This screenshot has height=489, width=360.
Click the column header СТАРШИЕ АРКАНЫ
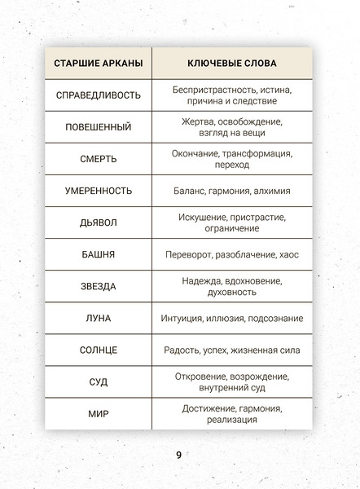tap(98, 63)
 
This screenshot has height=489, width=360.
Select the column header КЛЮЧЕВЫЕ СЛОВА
tap(232, 63)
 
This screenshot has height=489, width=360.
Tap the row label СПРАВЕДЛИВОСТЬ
tap(98, 95)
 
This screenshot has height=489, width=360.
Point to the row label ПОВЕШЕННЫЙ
tap(98, 127)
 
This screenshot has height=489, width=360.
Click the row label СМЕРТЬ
tap(98, 159)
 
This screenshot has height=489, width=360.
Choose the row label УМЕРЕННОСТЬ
tap(98, 191)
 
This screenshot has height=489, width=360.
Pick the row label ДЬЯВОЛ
tap(98, 222)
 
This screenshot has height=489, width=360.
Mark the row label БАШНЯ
tap(98, 254)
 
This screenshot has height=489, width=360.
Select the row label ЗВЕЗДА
tap(98, 286)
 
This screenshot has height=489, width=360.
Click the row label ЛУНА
tap(98, 318)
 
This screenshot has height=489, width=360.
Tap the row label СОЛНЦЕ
tap(98, 350)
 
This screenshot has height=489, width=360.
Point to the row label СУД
tap(98, 381)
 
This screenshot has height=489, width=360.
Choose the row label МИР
tap(98, 413)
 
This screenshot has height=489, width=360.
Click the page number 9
tap(178, 454)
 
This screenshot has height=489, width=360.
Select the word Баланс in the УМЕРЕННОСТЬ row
tap(191, 191)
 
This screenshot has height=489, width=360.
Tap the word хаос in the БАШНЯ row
tap(288, 254)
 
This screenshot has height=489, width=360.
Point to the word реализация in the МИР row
tap(232, 420)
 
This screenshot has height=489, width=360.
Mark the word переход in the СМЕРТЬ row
tap(232, 165)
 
